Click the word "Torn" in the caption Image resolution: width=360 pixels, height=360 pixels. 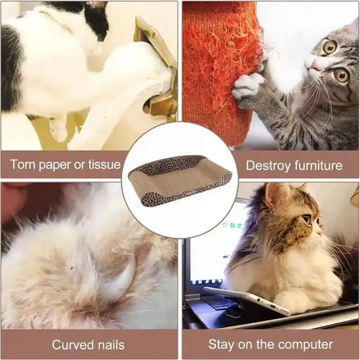tap(22, 164)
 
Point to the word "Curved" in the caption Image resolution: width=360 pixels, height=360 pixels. tap(73, 344)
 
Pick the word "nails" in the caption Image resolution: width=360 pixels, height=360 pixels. tap(111, 344)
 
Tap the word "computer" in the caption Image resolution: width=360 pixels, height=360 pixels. tap(306, 345)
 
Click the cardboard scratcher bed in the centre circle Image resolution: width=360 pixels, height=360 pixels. tap(180, 180)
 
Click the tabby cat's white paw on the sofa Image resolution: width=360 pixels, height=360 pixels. tap(247, 87)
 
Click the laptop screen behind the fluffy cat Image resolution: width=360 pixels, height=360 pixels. tap(209, 250)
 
